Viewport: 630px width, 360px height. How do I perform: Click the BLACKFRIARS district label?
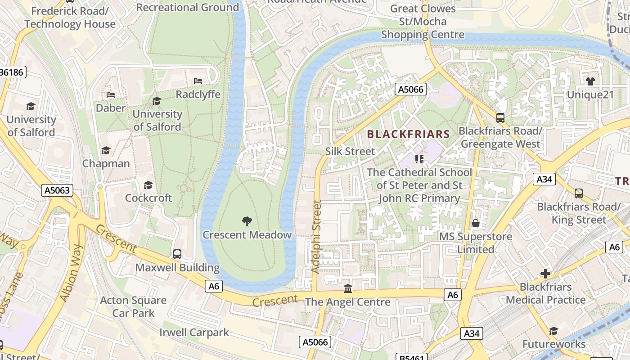pyautogui.click(x=408, y=134)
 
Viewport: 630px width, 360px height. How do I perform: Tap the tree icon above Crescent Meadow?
pyautogui.click(x=247, y=221)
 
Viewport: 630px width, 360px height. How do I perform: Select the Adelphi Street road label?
pyautogui.click(x=316, y=237)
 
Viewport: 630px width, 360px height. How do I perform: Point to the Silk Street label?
pyautogui.click(x=350, y=151)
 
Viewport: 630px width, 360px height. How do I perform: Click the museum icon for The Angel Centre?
pyautogui.click(x=347, y=288)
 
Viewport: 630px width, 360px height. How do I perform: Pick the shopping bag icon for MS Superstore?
pyautogui.click(x=475, y=223)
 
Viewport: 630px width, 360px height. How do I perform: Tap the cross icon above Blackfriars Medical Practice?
pyautogui.click(x=545, y=273)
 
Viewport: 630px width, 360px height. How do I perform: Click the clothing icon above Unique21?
pyautogui.click(x=590, y=81)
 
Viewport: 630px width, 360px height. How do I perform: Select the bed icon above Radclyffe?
pyautogui.click(x=198, y=81)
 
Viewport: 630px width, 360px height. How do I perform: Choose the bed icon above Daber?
pyautogui.click(x=111, y=95)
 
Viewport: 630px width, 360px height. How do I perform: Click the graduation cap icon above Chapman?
pyautogui.click(x=106, y=150)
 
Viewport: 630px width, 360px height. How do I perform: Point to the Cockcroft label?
pyautogui.click(x=148, y=198)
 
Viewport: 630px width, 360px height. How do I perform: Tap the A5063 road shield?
pyautogui.click(x=58, y=190)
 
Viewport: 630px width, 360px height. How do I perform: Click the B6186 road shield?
pyautogui.click(x=13, y=72)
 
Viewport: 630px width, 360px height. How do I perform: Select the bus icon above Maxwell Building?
pyautogui.click(x=177, y=254)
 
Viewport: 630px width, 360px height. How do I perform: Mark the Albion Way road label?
pyautogui.click(x=72, y=273)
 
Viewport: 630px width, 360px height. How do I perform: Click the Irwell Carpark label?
pyautogui.click(x=194, y=333)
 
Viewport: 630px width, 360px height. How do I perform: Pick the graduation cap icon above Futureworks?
pyautogui.click(x=553, y=331)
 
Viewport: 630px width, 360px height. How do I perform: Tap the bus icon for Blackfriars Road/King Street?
pyautogui.click(x=579, y=193)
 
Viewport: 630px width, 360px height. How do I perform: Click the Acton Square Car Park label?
pyautogui.click(x=133, y=306)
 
